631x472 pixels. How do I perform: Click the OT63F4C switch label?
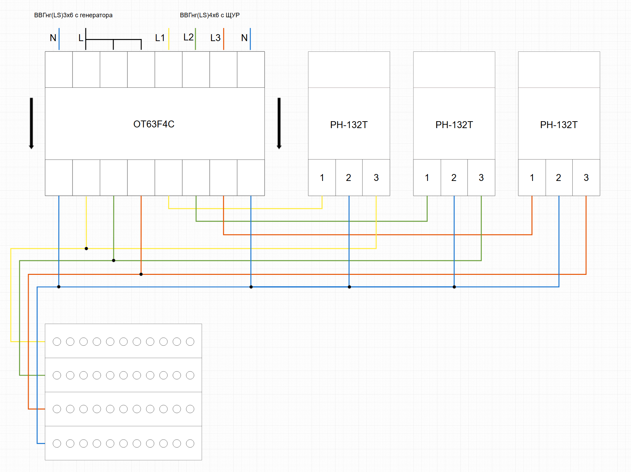[x=154, y=124]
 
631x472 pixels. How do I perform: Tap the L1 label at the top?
[x=160, y=38]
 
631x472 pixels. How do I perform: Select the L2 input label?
[x=188, y=37]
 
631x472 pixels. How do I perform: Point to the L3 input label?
[x=215, y=38]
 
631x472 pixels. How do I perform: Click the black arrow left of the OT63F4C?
[x=31, y=123]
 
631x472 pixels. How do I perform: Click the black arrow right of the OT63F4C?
[x=279, y=123]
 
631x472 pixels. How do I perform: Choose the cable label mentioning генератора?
[x=73, y=15]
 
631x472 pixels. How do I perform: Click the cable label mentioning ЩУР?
[x=210, y=15]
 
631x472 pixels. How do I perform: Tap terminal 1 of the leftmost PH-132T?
[x=322, y=178]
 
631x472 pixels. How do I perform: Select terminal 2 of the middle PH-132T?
[x=454, y=178]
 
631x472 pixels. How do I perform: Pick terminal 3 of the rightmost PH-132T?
[x=586, y=178]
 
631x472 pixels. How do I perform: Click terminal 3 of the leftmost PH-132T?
[x=376, y=178]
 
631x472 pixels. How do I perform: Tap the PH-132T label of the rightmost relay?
[x=559, y=125]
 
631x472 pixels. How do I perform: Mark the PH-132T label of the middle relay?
[x=454, y=125]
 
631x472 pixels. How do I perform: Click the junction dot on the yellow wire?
[x=86, y=249]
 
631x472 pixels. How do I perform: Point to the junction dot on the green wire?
[x=114, y=260]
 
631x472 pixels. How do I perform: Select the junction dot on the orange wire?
[x=141, y=274]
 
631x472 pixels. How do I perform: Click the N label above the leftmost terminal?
[x=53, y=38]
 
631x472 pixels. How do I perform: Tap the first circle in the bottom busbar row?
[x=57, y=443]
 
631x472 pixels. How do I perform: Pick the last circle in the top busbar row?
[x=190, y=341]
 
